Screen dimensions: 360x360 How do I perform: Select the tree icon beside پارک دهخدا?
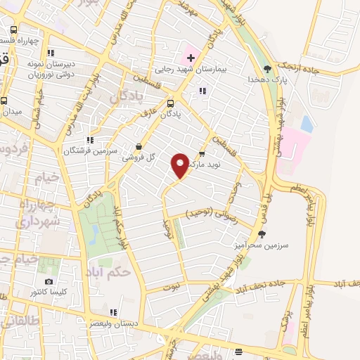coord(267,69)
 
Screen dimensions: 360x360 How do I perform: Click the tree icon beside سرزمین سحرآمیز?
coord(262,234)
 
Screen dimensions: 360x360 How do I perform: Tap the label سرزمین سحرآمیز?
coord(262,246)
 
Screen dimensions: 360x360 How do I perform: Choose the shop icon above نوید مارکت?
coord(202,153)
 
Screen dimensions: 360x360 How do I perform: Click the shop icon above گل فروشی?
coord(139,147)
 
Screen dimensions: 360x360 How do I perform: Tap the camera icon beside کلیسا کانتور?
coord(49,281)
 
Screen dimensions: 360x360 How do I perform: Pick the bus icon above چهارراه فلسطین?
coord(14,30)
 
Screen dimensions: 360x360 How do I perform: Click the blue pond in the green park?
coord(94,234)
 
